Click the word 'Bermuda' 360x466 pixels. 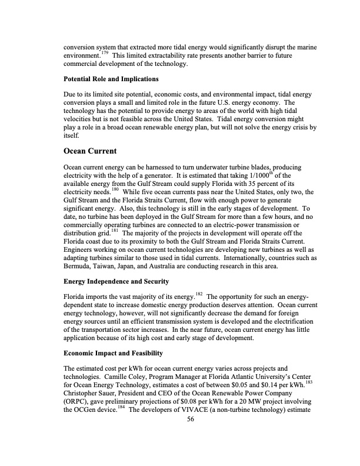(x=79, y=267)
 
